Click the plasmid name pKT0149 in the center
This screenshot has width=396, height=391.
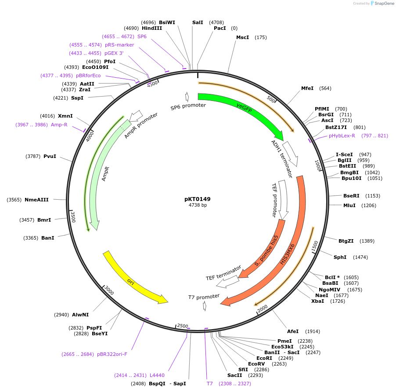(x=198, y=199)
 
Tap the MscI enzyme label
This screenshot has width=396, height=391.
(x=242, y=37)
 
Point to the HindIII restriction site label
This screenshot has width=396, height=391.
(x=152, y=28)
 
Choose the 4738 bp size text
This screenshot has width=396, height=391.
(x=198, y=205)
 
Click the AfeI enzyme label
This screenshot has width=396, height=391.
(x=293, y=331)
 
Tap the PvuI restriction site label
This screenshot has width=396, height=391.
(x=50, y=156)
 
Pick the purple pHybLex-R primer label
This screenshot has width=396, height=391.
(x=342, y=136)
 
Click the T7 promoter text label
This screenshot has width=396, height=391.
(x=204, y=297)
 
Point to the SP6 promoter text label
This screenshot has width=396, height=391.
(x=188, y=106)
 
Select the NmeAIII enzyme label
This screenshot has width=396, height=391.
(x=36, y=200)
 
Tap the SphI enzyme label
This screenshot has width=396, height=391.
(x=340, y=257)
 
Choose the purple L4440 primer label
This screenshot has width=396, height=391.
(x=157, y=375)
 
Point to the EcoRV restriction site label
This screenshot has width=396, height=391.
(x=256, y=364)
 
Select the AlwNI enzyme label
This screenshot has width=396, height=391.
(x=80, y=315)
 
